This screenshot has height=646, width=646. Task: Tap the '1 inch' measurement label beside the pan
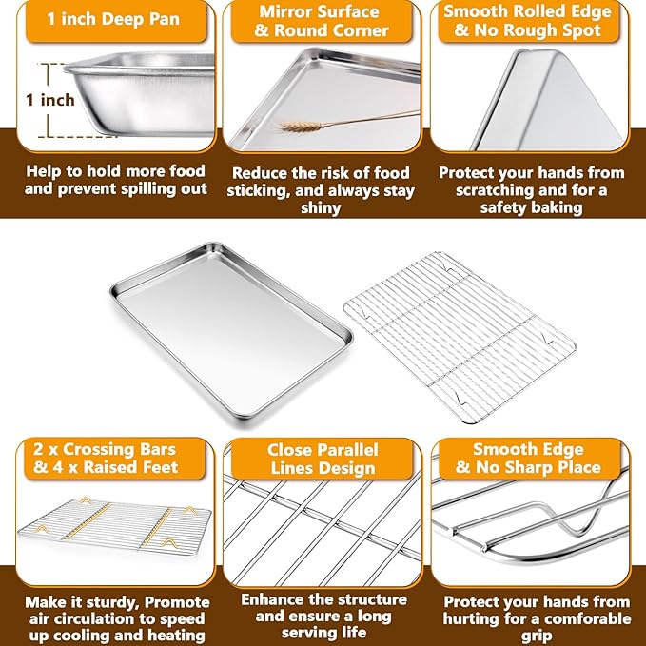[50, 100]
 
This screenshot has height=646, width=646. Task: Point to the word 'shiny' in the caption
[321, 208]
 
